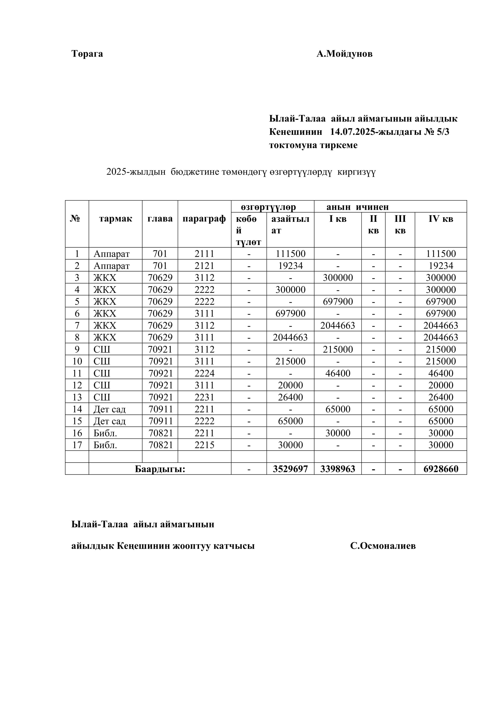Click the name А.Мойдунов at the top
click(x=344, y=54)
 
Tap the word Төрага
click(x=87, y=54)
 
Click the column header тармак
click(x=116, y=219)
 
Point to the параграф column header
click(x=204, y=219)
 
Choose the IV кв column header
click(x=441, y=219)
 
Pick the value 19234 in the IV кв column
click(x=441, y=265)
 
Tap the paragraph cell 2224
click(x=204, y=373)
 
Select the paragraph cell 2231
click(x=204, y=397)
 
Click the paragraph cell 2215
click(x=204, y=445)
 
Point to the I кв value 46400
click(x=338, y=373)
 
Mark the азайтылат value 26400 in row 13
click(x=290, y=397)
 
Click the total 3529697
click(x=290, y=469)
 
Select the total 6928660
click(x=441, y=469)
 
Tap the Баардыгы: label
click(x=160, y=469)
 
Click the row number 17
click(x=77, y=445)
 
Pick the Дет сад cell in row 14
click(x=110, y=409)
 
